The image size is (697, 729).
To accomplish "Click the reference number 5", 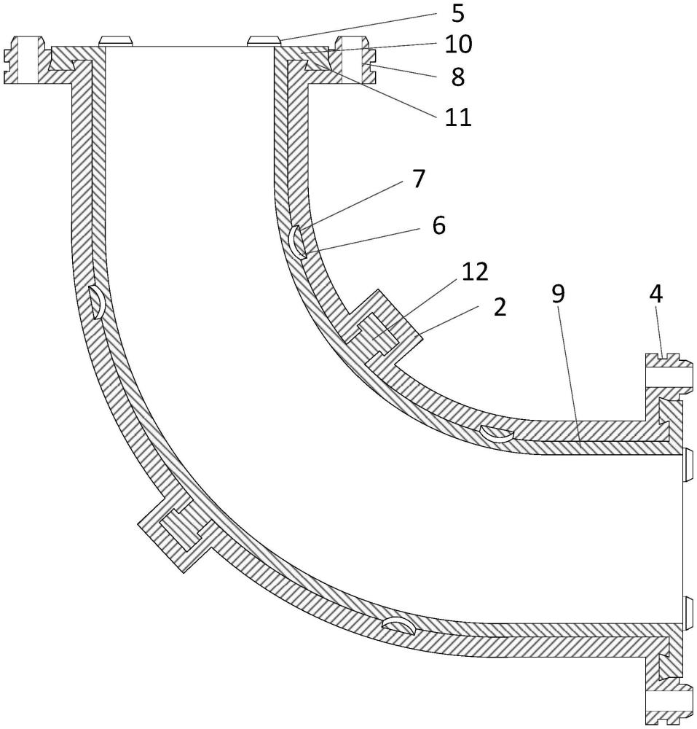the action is click(x=457, y=14).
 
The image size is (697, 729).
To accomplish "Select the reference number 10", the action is click(x=458, y=44).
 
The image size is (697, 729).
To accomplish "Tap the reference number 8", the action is click(x=458, y=77).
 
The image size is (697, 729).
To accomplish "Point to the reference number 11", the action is click(x=458, y=117).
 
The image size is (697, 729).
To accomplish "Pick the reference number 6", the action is click(x=438, y=225).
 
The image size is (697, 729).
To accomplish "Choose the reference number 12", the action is click(x=475, y=271).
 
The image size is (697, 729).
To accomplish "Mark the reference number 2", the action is click(x=500, y=308).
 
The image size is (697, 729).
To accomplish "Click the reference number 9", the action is click(x=558, y=294).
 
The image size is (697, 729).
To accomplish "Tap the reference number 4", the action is click(x=655, y=295).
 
